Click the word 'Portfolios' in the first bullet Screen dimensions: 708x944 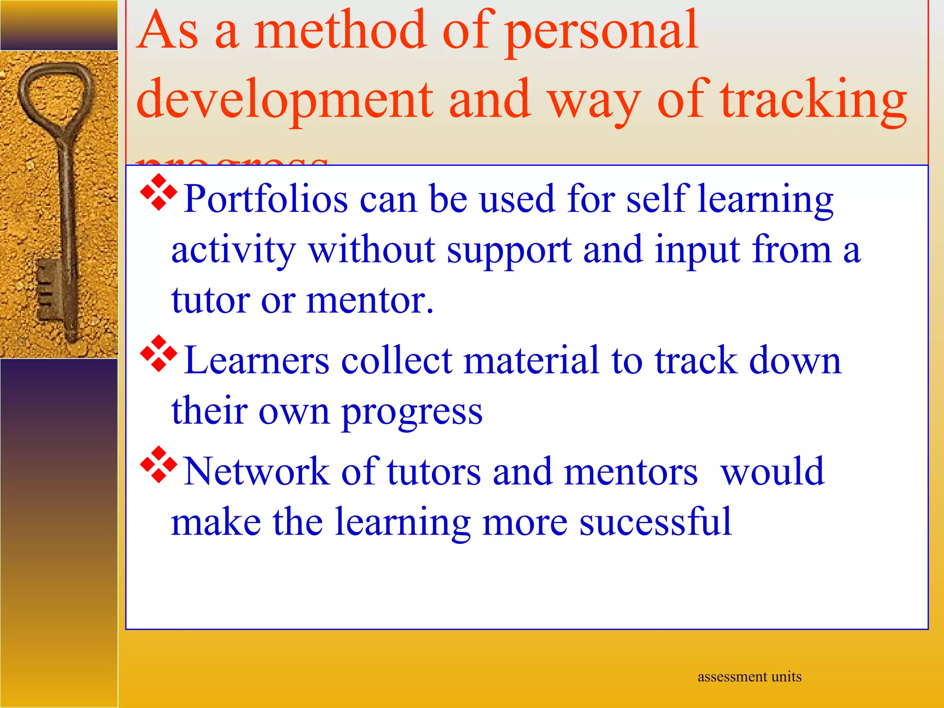(x=265, y=199)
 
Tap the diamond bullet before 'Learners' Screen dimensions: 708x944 (x=159, y=354)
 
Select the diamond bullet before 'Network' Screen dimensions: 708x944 (x=159, y=465)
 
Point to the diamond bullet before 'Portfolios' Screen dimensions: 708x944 (x=159, y=192)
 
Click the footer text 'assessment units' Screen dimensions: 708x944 (x=749, y=677)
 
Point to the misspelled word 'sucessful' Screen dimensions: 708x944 (x=655, y=522)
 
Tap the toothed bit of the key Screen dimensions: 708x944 (x=48, y=288)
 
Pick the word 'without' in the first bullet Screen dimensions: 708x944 (x=372, y=250)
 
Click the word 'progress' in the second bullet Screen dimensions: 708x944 (x=412, y=412)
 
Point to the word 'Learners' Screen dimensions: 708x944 (x=256, y=360)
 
